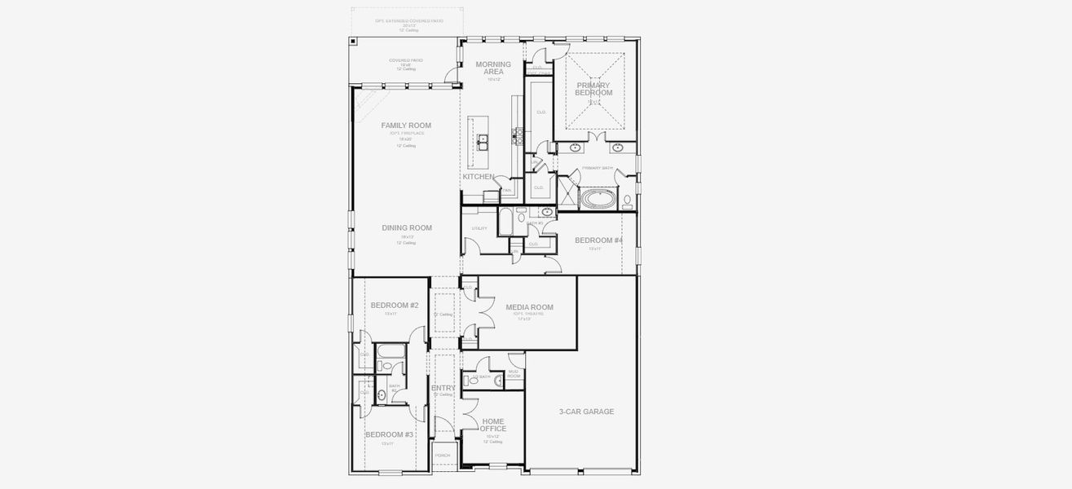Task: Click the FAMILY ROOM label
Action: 406,126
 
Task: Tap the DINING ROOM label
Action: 407,228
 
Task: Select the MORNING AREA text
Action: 493,68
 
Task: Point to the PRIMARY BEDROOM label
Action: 594,89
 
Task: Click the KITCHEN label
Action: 479,177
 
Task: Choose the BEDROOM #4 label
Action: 598,240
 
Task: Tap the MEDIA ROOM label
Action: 529,307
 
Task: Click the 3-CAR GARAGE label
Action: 586,412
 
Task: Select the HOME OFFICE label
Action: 493,425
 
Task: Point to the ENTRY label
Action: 443,388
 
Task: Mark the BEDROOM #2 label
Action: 395,306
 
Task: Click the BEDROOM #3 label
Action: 389,434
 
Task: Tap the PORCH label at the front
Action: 443,456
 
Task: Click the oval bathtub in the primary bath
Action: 598,199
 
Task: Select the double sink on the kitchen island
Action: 482,143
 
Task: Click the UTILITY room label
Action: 479,228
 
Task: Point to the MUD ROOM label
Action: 514,375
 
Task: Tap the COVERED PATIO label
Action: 405,61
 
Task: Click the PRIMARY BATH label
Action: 597,168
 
